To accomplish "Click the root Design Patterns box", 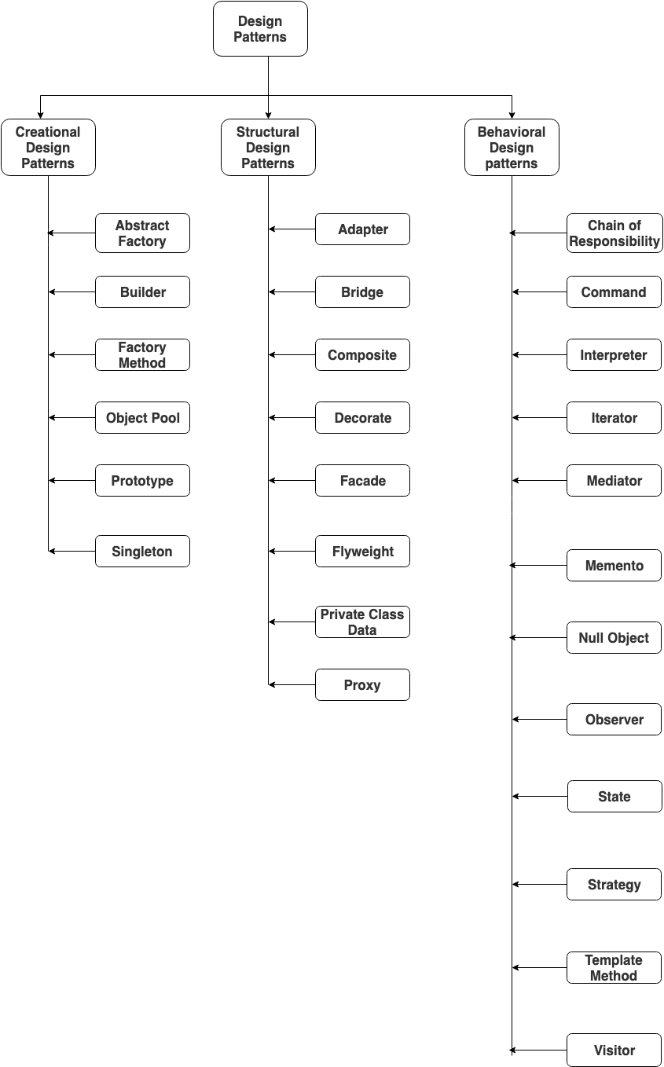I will pos(260,29).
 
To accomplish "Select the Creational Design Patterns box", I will pos(48,147).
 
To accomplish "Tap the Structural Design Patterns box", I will pos(268,147).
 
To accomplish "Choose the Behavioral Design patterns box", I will pos(512,147).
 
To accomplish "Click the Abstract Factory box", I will pos(142,233).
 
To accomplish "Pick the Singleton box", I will pos(142,551).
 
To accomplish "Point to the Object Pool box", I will pos(142,417).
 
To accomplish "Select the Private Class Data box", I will pos(362,621).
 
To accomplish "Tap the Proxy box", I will pos(362,684).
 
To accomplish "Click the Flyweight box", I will pos(362,551).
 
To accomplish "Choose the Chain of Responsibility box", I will pos(614,233).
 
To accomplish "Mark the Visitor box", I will pos(614,1050).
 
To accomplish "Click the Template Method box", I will pos(614,967).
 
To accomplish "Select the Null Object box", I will pos(614,637).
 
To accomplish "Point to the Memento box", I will pos(614,565).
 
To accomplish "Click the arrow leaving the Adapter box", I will pos(292,229).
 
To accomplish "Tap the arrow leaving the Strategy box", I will pos(539,885).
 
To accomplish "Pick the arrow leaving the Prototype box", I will pos(72,480).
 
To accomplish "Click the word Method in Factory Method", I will pos(142,363).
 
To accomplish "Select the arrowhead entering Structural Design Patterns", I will pos(268,115).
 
